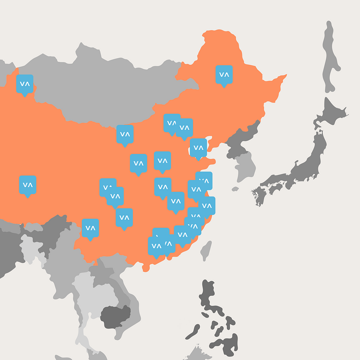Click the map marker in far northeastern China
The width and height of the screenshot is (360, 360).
tap(224, 75)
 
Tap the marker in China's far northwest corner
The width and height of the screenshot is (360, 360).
tap(25, 84)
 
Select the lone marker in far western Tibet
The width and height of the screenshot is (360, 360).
tap(27, 184)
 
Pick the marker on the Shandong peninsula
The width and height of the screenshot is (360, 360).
tap(198, 147)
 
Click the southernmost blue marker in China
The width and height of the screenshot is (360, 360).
tap(156, 246)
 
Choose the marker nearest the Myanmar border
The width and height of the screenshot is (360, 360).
tap(90, 228)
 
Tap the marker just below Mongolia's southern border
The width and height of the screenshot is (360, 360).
tap(125, 134)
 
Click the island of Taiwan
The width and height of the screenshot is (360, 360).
tap(206, 250)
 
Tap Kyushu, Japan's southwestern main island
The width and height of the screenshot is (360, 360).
tap(260, 196)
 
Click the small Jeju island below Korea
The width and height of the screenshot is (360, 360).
tap(235, 189)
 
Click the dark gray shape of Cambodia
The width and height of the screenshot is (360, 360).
tap(116, 315)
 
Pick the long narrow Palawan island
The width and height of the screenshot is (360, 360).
tap(193, 332)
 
